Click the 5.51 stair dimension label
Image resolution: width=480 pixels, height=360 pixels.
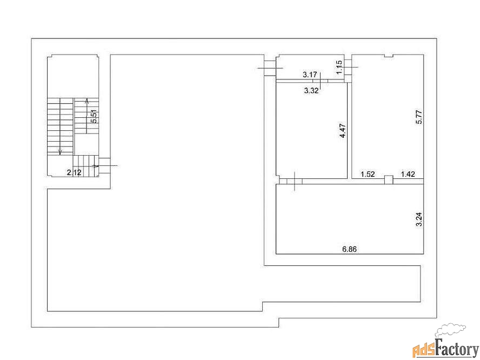95,116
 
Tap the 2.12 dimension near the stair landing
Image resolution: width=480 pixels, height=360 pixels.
75,172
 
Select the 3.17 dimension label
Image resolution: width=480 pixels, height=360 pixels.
310,75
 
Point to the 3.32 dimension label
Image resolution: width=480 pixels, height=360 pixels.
311,90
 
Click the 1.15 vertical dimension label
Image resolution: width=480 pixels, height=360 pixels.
339,67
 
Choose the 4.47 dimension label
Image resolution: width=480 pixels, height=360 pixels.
343,130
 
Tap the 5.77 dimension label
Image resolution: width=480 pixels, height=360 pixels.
419,117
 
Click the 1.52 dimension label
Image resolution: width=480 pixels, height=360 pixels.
368,174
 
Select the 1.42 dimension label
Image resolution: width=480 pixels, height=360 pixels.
408,174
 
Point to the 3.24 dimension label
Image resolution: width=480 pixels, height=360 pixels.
419,219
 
